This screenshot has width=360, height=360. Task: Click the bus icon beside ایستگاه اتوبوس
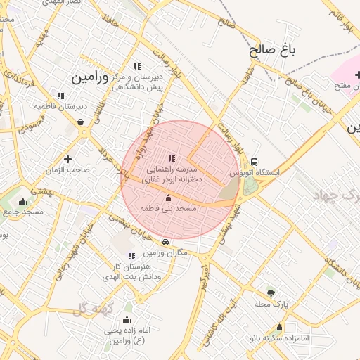(x=254, y=161)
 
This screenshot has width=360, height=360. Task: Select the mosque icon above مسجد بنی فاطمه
(x=167, y=198)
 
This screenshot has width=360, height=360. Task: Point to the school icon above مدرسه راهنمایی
(x=172, y=158)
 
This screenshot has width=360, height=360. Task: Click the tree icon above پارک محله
(x=271, y=293)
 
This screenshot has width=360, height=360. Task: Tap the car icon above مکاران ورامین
(x=165, y=243)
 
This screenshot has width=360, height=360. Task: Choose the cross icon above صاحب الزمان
(x=67, y=159)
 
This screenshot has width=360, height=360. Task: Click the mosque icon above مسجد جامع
(x=22, y=200)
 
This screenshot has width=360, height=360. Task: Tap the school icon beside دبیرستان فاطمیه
(x=60, y=96)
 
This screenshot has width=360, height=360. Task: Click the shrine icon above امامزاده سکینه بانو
(x=279, y=327)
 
